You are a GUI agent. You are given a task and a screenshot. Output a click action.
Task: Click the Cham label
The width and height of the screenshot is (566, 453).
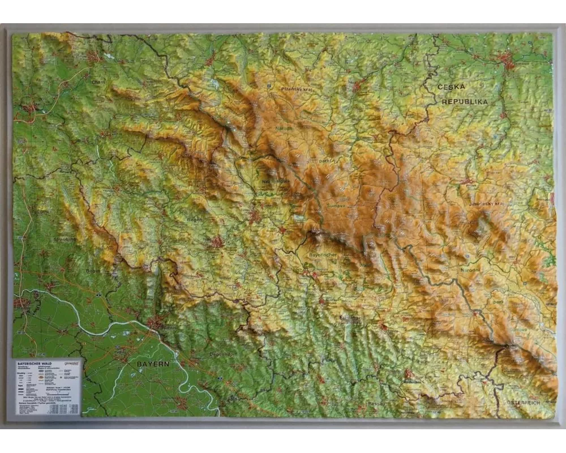pyautogui.click(x=98, y=82)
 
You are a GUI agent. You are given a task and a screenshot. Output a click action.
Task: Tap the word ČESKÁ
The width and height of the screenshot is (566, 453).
pyautogui.click(x=451, y=87)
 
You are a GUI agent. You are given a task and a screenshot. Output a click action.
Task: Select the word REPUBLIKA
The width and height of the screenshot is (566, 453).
pyautogui.click(x=464, y=101)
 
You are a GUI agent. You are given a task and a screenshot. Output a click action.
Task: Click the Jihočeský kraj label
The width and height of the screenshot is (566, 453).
pyautogui.click(x=486, y=203)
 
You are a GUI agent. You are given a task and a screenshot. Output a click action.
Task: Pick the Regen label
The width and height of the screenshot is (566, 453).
pyautogui.click(x=195, y=218)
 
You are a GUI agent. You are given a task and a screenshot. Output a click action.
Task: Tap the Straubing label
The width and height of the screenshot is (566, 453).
pyautogui.click(x=65, y=240)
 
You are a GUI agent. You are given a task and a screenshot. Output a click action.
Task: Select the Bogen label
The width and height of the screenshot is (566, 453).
pyautogui.click(x=93, y=270)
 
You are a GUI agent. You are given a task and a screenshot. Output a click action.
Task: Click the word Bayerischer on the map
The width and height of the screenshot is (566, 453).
pyautogui.click(x=323, y=255)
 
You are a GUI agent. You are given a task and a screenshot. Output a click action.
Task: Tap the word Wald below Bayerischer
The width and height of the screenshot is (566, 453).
pyautogui.click(x=365, y=264)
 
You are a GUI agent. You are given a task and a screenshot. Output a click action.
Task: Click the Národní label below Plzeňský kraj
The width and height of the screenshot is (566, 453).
pyautogui.click(x=284, y=129)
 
